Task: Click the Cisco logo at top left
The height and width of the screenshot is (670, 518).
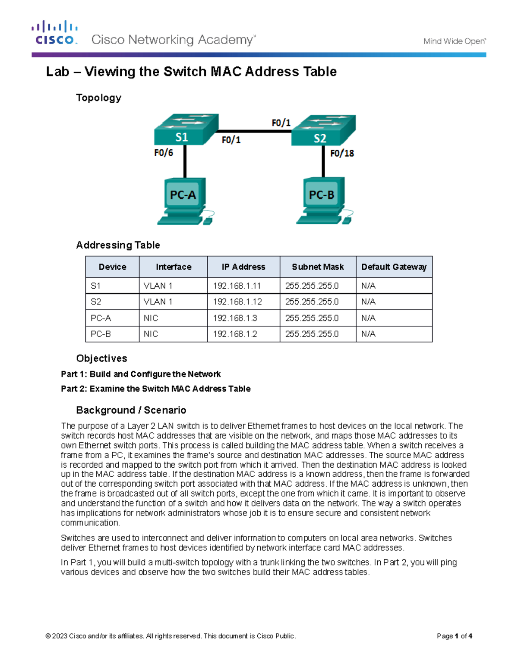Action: [54, 33]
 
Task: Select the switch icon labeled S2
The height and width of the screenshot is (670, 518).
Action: [323, 131]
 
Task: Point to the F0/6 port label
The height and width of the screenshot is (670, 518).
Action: [164, 153]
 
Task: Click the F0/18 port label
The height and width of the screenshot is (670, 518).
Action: [342, 153]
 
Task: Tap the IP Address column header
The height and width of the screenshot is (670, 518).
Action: [243, 267]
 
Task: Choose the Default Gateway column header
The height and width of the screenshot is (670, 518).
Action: [394, 267]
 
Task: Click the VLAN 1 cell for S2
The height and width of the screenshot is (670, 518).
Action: [158, 302]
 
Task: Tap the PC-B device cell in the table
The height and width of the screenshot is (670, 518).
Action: [101, 334]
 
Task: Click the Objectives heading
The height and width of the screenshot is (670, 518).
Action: [101, 359]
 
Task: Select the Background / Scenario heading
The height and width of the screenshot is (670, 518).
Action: [131, 410]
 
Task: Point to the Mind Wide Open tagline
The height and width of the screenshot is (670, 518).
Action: [454, 41]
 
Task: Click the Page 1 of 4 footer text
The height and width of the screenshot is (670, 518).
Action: [454, 636]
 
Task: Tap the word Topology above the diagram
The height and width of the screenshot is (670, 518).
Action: [98, 98]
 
